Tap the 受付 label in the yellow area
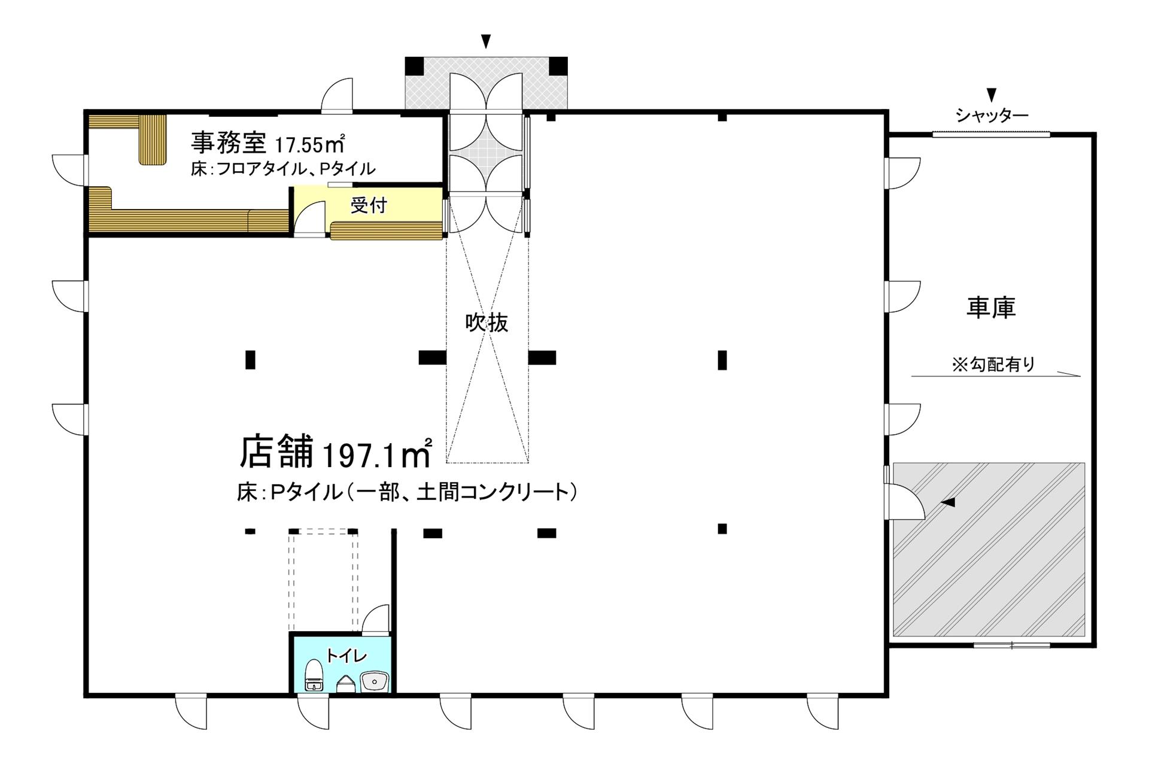369,206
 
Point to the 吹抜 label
487,323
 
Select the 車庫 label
991,308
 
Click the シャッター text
992,116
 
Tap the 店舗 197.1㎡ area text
336,453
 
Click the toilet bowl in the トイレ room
314,675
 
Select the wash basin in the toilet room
375,681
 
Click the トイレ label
346,656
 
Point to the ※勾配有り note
993,364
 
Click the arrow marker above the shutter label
992,95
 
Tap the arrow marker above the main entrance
487,41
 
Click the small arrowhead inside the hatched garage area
948,502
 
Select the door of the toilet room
375,619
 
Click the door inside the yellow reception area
311,217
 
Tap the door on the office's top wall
337,95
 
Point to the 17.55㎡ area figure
309,144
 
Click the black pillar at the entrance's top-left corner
414,66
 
